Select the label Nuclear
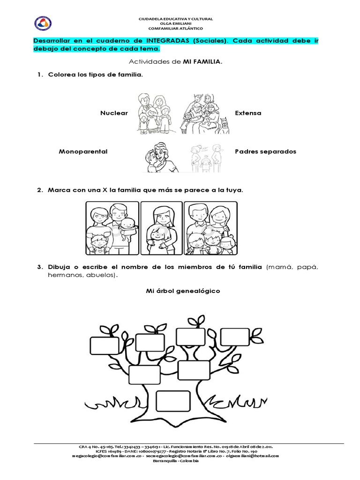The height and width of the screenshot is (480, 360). [114, 113]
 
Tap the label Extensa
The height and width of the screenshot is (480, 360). [248, 113]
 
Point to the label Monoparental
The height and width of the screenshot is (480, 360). [83, 152]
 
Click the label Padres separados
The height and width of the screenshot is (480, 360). [265, 152]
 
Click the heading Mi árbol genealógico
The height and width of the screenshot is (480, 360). [183, 291]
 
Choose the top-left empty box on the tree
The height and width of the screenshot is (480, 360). [105, 345]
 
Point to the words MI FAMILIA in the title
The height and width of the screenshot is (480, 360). [202, 61]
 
